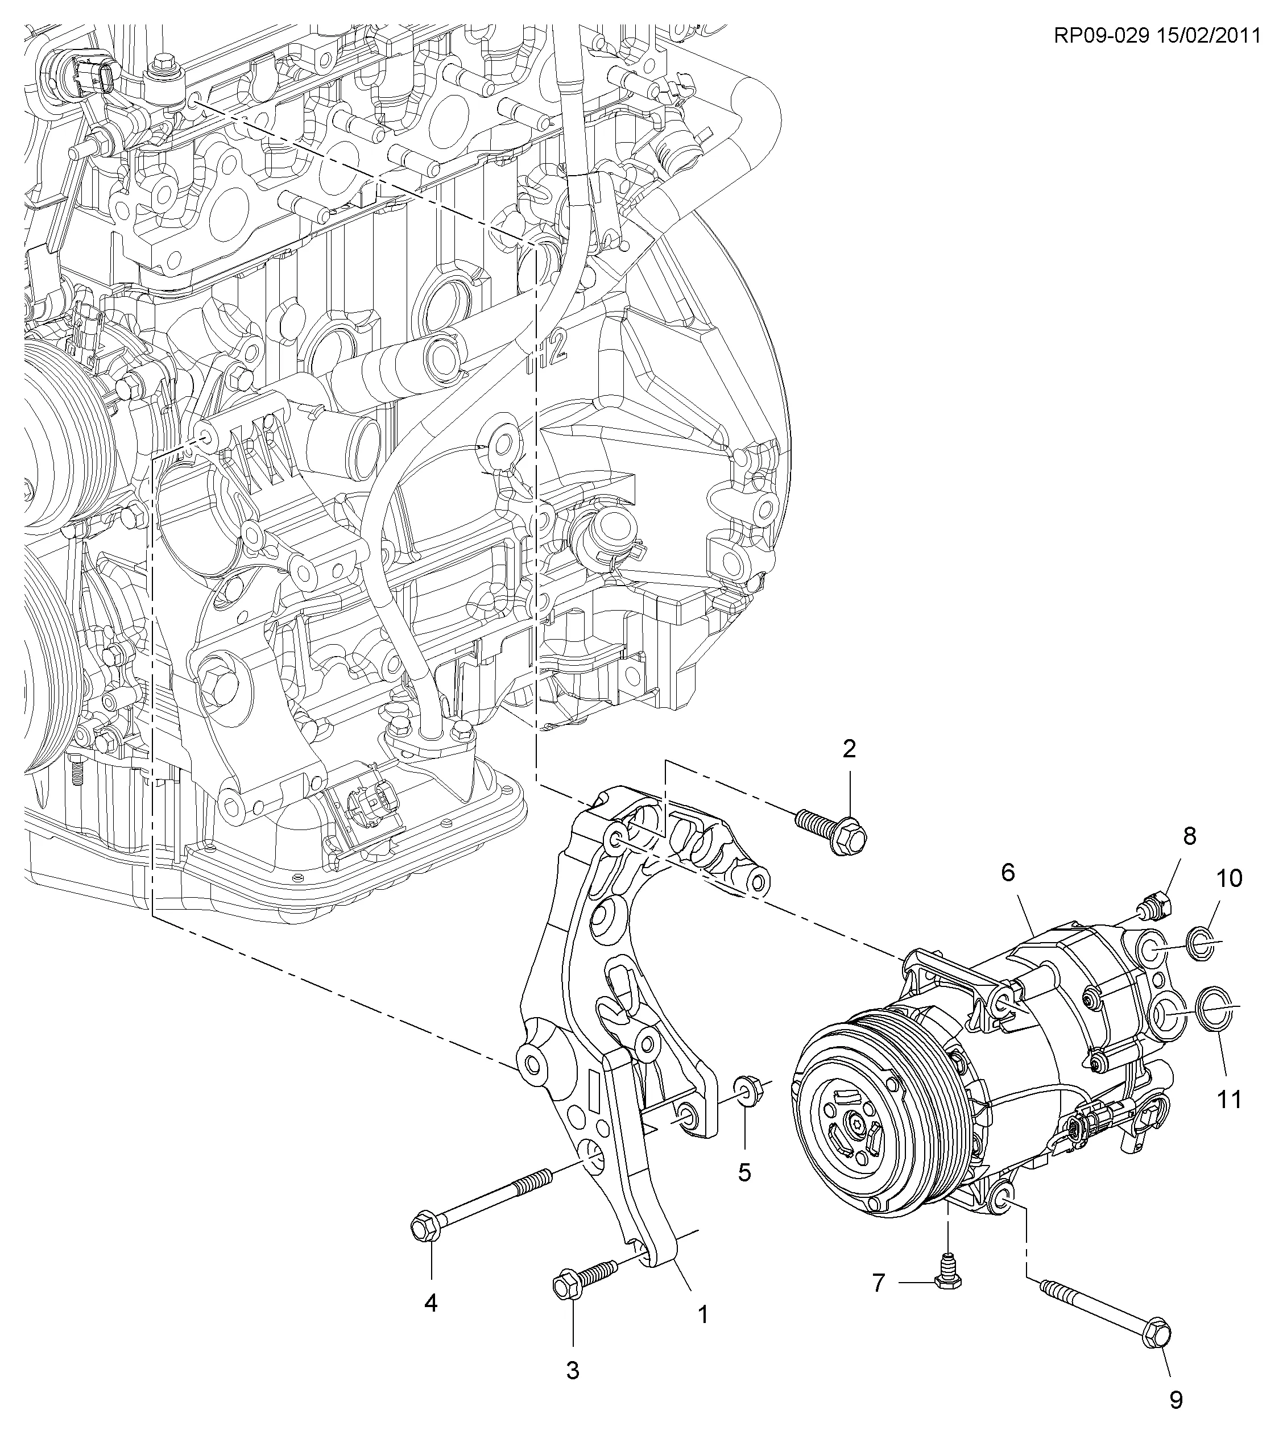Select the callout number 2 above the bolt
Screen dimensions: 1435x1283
click(x=850, y=749)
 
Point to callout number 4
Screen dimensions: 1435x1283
click(x=431, y=1303)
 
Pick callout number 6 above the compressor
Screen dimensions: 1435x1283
click(x=1008, y=873)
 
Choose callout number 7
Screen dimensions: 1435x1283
click(x=878, y=1283)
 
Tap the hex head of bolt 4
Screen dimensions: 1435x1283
click(x=423, y=1230)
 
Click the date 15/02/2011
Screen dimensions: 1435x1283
click(x=1207, y=35)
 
